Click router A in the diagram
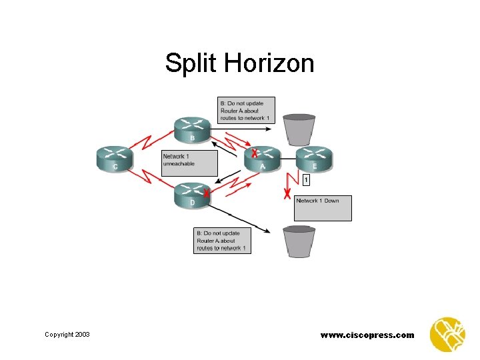tap(262, 159)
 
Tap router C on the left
tap(115, 159)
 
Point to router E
tap(314, 159)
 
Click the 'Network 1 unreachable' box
tap(189, 163)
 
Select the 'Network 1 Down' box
tap(323, 208)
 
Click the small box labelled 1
tap(306, 180)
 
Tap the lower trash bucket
tap(299, 241)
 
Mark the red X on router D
tap(207, 194)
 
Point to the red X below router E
tap(287, 195)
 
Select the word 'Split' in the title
tap(191, 63)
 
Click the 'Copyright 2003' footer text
tap(67, 334)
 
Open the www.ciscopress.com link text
tap(367, 335)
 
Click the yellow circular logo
tap(448, 333)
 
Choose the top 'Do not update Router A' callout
tap(245, 111)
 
